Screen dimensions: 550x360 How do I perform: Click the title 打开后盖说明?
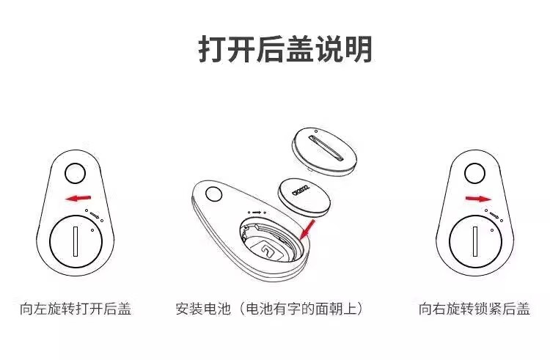(285, 49)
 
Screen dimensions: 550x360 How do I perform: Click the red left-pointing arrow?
(78, 199)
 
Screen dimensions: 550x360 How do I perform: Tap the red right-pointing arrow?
(478, 199)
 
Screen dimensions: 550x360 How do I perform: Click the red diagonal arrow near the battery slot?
(307, 230)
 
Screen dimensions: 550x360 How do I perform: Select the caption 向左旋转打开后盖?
(76, 309)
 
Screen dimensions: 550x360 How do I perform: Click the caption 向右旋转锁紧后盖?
(474, 309)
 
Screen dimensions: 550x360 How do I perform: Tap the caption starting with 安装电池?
(269, 309)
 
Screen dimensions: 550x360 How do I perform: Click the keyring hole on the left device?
(75, 173)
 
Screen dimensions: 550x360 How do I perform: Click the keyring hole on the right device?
(474, 174)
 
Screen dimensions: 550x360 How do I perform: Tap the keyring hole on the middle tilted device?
(213, 194)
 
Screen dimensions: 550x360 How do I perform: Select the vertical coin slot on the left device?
(76, 241)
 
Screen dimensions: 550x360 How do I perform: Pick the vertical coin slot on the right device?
(475, 241)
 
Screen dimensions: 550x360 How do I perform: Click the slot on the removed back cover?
(325, 148)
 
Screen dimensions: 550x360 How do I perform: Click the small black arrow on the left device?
(95, 215)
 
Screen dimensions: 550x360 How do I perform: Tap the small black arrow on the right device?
(494, 215)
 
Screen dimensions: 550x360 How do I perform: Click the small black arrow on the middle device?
(257, 213)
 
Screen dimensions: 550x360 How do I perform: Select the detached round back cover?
(324, 152)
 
